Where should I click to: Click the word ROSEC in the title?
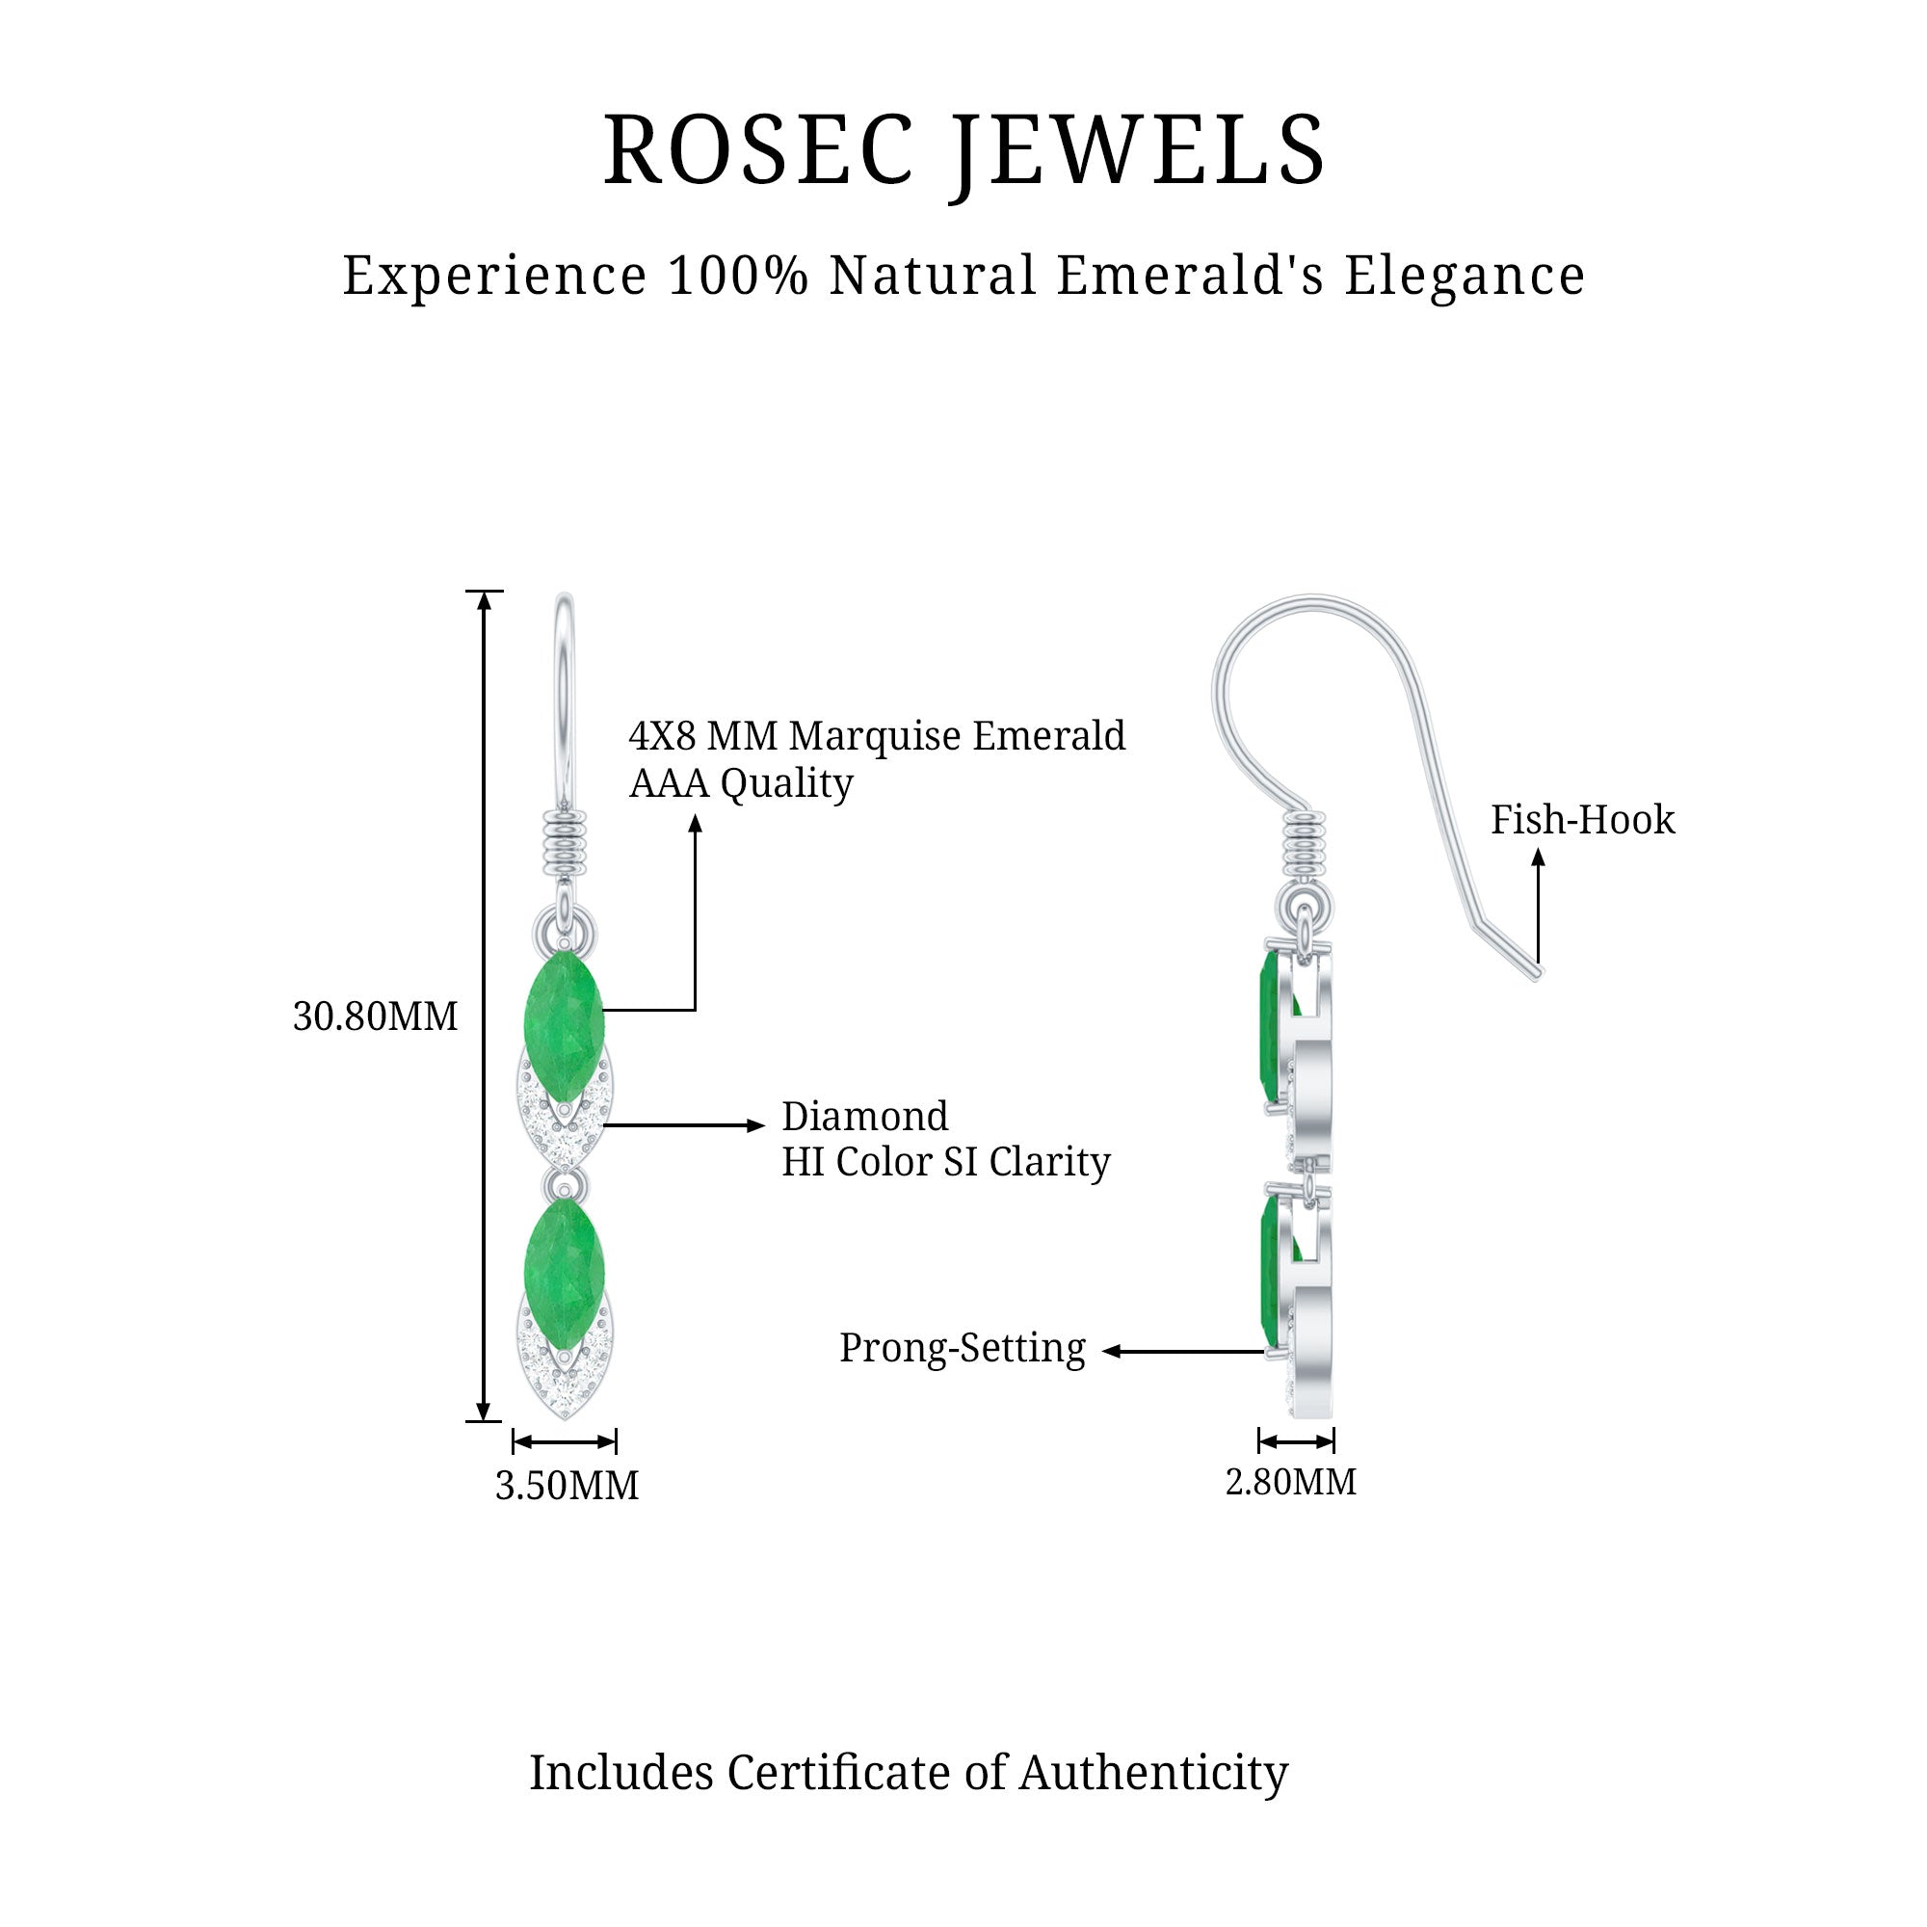[x=758, y=150]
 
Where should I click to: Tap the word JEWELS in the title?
[x=1137, y=152]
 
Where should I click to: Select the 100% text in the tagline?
[x=737, y=276]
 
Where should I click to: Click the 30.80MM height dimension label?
[x=375, y=1016]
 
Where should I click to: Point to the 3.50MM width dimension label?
[x=567, y=1485]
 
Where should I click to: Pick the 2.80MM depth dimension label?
[x=1291, y=1481]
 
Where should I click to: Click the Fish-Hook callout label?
[x=1583, y=820]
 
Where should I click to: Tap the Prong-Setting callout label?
[x=962, y=1348]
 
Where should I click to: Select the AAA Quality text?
[x=741, y=783]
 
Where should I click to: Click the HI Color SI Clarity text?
[x=945, y=1161]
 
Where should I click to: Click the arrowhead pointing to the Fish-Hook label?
[x=1538, y=857]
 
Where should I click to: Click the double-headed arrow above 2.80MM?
[x=1296, y=1441]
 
